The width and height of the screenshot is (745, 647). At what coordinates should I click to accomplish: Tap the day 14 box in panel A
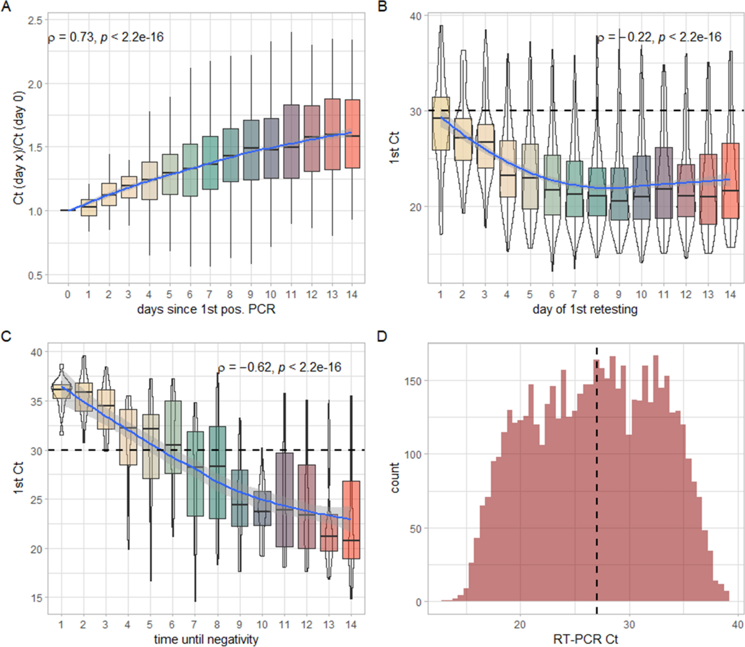pos(352,133)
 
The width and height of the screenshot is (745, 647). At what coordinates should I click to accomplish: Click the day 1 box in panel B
pos(441,123)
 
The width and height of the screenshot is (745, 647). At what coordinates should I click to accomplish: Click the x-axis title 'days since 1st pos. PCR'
pos(205,308)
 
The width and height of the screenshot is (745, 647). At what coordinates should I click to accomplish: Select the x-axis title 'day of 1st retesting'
pos(585,308)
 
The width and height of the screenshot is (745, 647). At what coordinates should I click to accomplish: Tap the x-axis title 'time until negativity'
pos(206,639)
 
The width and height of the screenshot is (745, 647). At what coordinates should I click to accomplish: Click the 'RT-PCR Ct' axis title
pos(585,639)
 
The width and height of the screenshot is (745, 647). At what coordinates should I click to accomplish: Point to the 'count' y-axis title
pos(395,478)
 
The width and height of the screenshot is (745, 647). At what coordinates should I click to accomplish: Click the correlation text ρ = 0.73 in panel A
pos(106,37)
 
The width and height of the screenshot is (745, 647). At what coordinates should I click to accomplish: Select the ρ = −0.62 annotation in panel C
pos(279,367)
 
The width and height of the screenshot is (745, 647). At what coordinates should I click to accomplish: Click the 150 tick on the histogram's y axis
pos(414,380)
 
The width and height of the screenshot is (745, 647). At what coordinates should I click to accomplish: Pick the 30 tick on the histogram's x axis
pos(630,623)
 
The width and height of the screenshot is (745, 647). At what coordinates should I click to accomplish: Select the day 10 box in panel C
pos(262,509)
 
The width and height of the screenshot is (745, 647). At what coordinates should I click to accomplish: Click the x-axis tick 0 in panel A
pos(68,294)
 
